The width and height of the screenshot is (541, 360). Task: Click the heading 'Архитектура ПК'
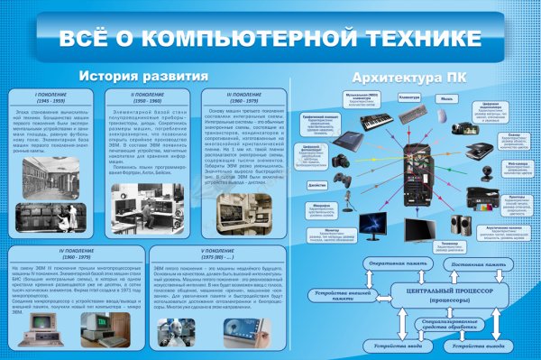point(408,76)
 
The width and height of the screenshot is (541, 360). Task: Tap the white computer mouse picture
point(447,113)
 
